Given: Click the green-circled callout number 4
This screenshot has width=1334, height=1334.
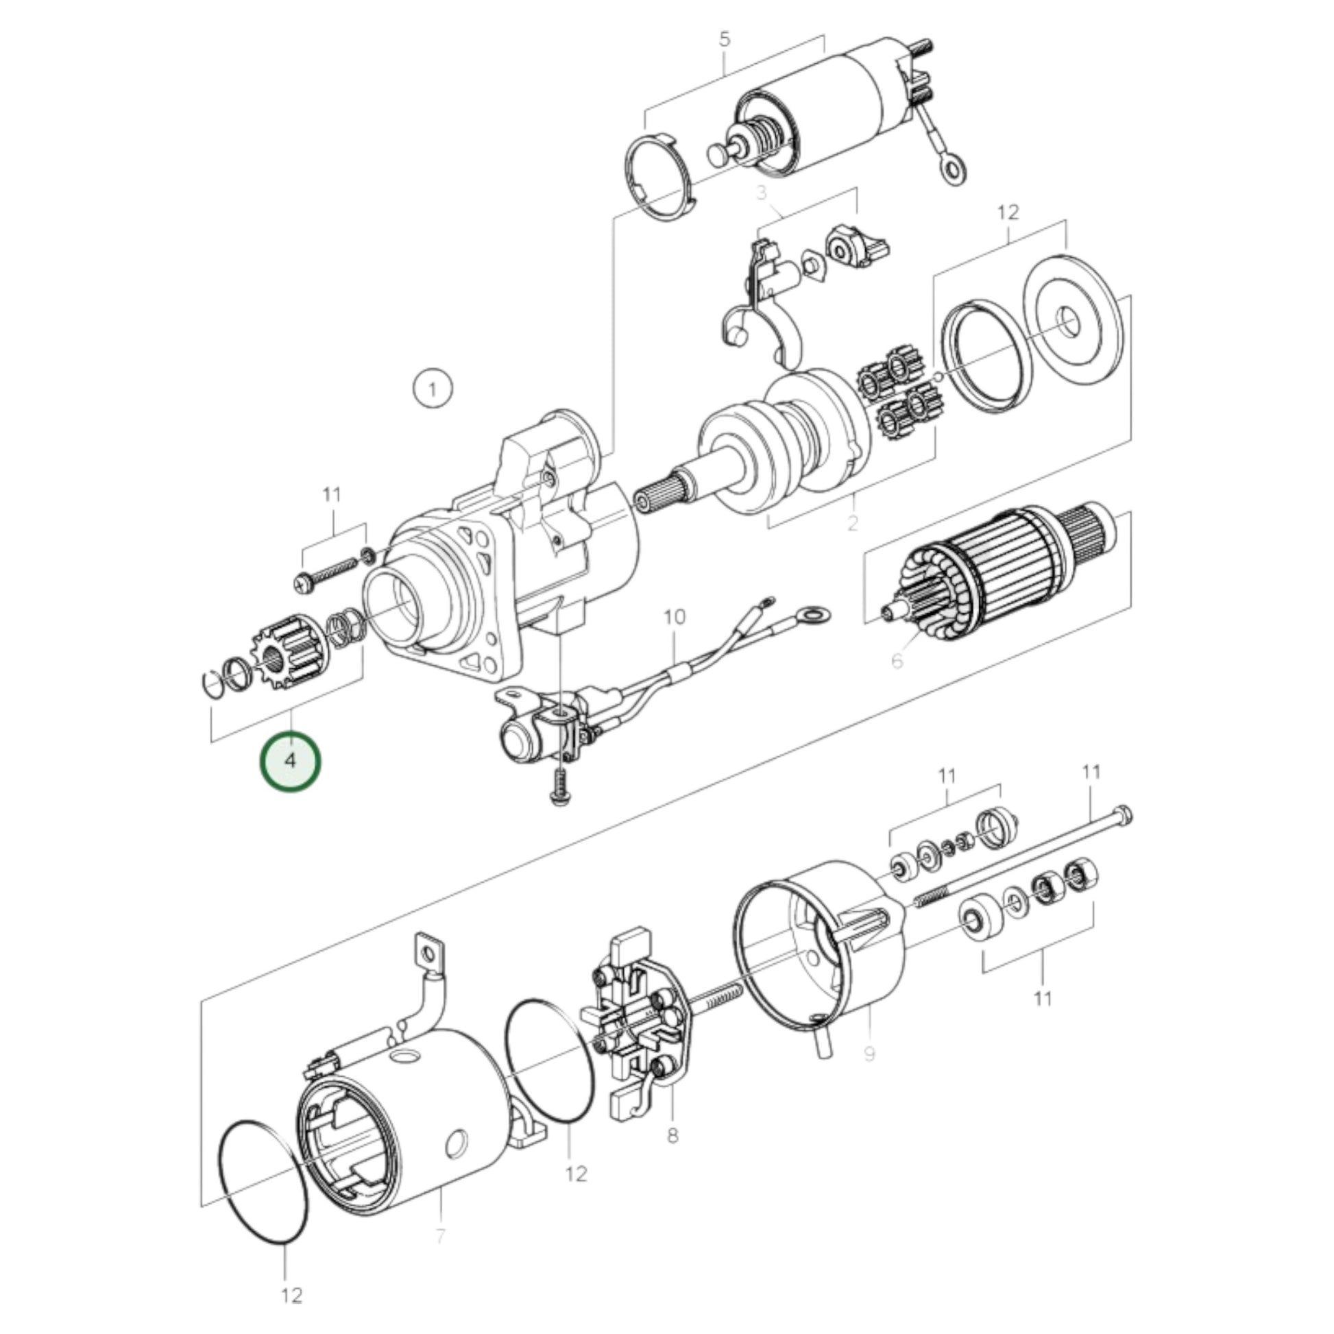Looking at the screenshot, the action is (290, 762).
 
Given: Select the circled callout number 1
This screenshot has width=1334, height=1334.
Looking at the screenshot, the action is (433, 389).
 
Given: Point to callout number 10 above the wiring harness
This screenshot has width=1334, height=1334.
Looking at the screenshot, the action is (675, 616).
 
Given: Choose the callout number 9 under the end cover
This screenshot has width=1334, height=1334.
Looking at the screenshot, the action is (869, 1073).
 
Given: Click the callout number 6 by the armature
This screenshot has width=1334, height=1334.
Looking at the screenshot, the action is (896, 661).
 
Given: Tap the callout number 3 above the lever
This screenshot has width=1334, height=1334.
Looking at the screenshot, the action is (762, 193).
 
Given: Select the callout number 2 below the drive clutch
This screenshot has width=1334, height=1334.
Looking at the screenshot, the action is (853, 522).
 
